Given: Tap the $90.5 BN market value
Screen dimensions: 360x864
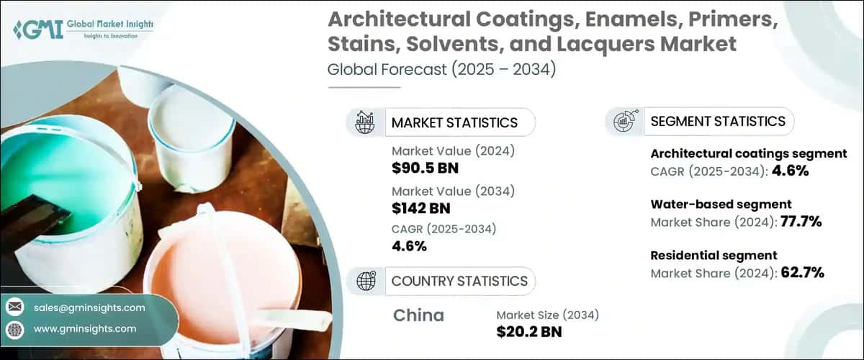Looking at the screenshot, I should click(x=425, y=168).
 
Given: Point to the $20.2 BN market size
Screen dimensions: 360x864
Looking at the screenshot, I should click(x=528, y=332).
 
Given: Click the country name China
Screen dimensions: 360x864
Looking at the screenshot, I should click(x=418, y=315).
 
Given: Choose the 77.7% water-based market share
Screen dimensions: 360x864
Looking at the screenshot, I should click(x=801, y=222).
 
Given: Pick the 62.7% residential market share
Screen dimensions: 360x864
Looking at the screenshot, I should click(x=802, y=272).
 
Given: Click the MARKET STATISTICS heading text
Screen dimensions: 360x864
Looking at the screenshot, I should click(x=454, y=122).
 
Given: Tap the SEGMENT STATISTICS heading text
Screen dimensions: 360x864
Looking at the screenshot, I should click(x=717, y=121).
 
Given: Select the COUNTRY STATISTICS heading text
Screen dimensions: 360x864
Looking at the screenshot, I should click(x=459, y=281).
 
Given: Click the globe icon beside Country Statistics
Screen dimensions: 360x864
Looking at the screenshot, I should click(x=366, y=281).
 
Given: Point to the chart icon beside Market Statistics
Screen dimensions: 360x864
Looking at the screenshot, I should click(x=366, y=122).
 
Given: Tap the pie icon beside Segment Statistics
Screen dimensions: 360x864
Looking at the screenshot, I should click(x=624, y=122).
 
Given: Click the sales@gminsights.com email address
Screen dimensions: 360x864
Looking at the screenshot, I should click(x=89, y=307).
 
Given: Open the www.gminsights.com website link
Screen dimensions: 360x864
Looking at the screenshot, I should click(x=84, y=329).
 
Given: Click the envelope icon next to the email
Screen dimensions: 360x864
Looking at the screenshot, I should click(x=14, y=307).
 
